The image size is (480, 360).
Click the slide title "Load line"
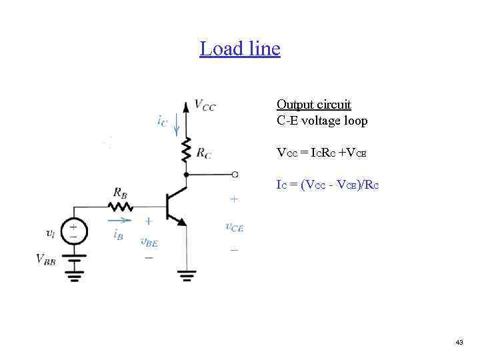239,49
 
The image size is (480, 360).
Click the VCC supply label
205,105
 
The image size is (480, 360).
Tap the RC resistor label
204,153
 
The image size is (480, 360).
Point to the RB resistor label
121,193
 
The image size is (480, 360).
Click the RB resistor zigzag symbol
121,205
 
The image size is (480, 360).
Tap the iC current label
162,121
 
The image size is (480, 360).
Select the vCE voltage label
234,227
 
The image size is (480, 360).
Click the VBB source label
46,259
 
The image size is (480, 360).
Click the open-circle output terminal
235,175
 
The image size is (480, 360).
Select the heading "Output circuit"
313,105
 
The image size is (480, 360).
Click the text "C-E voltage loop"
322,121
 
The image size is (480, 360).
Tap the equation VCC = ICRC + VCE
322,153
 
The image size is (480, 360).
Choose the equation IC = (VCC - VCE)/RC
327,185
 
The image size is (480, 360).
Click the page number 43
459,342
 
